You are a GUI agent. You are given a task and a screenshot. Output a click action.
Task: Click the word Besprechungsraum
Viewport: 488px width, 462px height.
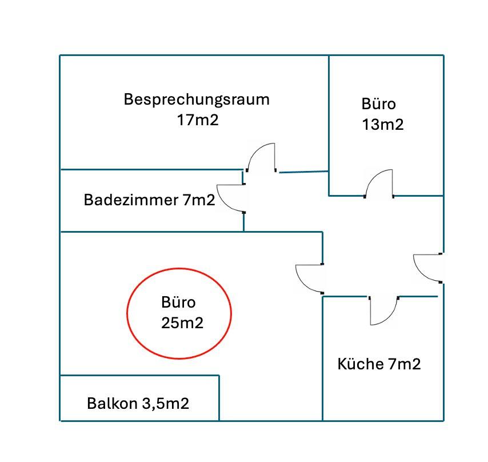coord(197,99)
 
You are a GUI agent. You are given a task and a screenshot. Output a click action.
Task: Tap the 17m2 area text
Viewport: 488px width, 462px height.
coord(198,120)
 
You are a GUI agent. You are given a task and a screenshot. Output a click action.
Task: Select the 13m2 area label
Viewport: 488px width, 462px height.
coord(383,125)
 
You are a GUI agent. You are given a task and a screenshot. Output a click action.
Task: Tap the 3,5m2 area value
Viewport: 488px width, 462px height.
coord(165,404)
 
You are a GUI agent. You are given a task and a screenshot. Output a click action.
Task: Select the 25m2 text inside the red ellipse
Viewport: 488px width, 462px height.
coord(182,322)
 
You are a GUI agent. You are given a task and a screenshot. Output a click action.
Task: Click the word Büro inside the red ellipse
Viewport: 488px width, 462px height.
coord(178,302)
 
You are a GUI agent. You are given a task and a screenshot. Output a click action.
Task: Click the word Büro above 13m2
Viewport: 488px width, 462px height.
coord(378,105)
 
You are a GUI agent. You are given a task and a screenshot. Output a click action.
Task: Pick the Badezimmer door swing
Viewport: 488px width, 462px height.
coord(231,198)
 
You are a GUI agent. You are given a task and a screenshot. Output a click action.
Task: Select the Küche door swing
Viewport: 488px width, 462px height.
coord(383,312)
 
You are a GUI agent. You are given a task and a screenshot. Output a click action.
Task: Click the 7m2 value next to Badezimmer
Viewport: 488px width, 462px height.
coord(199,200)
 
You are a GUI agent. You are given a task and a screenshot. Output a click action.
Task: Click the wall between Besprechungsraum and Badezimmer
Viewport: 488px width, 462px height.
coord(151,169)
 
